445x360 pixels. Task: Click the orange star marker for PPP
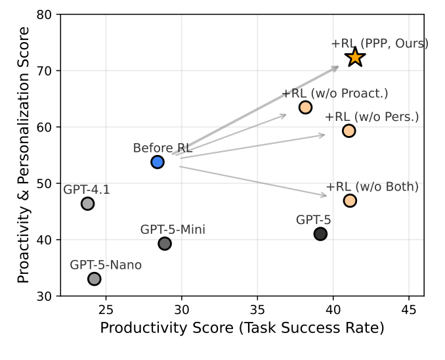point(355,57)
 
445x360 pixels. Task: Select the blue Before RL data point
point(158,162)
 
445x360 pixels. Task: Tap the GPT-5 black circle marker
point(320,234)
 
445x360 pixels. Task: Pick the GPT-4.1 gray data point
point(87,204)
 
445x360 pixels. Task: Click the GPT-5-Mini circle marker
point(165,244)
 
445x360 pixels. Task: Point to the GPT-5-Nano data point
point(95,279)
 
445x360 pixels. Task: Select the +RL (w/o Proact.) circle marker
point(305,107)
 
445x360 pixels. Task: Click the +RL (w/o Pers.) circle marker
point(349,131)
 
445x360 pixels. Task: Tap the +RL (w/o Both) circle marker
point(350,200)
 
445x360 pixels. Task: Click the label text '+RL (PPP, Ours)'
point(379,43)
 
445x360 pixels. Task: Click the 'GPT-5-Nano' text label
point(106,265)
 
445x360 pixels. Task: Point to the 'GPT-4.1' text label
point(87,190)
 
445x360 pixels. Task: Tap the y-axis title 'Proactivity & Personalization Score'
point(24,155)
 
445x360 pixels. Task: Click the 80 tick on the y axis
point(43,14)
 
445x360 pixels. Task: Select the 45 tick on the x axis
point(408,309)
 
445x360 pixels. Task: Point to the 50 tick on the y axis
point(43,183)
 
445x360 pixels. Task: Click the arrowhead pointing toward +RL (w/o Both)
point(324,195)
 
